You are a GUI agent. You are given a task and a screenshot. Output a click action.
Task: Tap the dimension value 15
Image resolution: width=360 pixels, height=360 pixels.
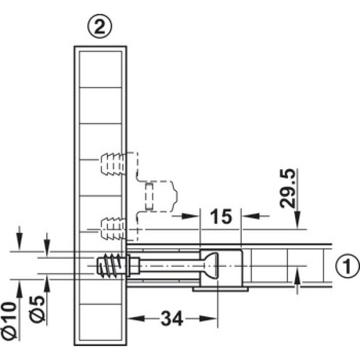pyautogui.click(x=221, y=216)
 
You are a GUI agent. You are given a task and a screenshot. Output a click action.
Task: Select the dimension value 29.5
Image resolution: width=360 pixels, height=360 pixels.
pyautogui.click(x=288, y=189)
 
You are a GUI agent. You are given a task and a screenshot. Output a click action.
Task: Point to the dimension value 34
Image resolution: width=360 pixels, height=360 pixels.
pyautogui.click(x=172, y=319)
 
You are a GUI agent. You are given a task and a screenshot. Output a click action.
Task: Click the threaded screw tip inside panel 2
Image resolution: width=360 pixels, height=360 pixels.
pyautogui.click(x=111, y=265)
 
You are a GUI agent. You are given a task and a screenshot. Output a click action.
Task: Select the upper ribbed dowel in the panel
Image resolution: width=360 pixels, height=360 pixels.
pyautogui.click(x=112, y=164)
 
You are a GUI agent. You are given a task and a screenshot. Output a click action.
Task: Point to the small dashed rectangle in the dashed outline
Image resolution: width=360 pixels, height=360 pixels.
pyautogui.click(x=149, y=196)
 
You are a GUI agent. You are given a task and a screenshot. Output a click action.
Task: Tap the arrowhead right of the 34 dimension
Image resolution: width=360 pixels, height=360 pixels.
pyautogui.click(x=208, y=319)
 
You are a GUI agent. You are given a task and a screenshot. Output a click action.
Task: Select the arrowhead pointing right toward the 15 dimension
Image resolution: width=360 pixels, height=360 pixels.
pyautogui.click(x=191, y=216)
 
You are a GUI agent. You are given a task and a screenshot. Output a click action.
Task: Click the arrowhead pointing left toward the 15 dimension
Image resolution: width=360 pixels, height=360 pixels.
pyautogui.click(x=250, y=216)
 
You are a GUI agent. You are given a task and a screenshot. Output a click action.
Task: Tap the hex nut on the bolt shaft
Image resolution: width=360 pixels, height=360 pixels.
pyautogui.click(x=133, y=265)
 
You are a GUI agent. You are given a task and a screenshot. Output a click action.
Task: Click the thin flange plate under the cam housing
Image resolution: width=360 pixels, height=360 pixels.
pyautogui.click(x=220, y=289)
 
